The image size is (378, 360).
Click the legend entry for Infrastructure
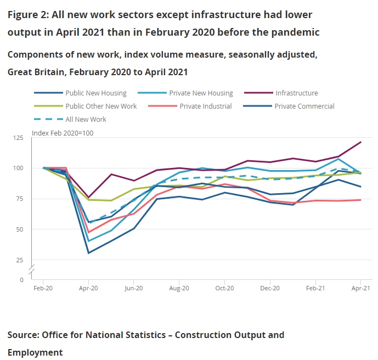pyautogui.click(x=296, y=93)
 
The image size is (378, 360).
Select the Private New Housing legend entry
pyautogui.click(x=201, y=93)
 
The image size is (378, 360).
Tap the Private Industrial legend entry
pyautogui.click(x=205, y=106)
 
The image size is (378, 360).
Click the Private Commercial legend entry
pyautogui.click(x=304, y=106)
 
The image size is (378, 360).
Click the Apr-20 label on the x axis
pyautogui.click(x=88, y=288)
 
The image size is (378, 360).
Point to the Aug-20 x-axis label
pyautogui.click(x=179, y=288)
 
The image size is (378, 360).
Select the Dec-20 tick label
pyautogui.click(x=269, y=288)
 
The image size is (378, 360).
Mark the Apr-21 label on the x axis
pyautogui.click(x=359, y=288)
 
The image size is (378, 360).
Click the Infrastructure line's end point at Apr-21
pyautogui.click(x=360, y=142)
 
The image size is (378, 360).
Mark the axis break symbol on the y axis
pyautogui.click(x=32, y=269)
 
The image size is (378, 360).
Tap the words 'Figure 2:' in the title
pyautogui.click(x=29, y=15)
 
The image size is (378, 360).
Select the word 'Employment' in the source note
pyautogui.click(x=35, y=352)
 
